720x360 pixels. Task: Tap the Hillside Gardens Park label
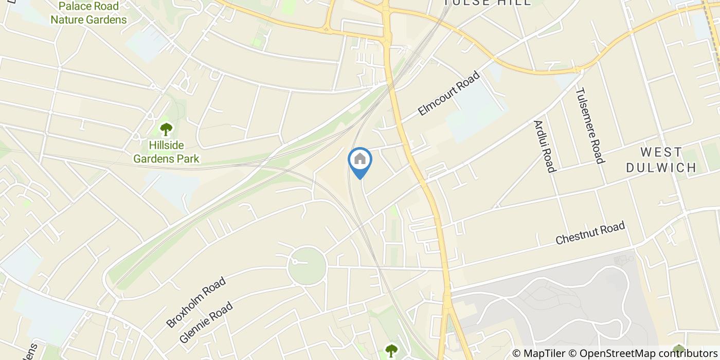(x=166, y=152)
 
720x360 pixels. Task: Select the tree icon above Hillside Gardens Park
(x=166, y=129)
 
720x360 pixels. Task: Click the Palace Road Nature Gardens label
(x=88, y=13)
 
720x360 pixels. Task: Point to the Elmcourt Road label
(x=448, y=93)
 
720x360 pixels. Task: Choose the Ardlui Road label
(x=545, y=147)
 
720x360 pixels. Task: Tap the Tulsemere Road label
(x=589, y=125)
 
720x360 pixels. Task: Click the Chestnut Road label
(x=590, y=233)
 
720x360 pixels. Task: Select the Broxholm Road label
(x=196, y=302)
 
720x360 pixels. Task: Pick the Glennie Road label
(x=207, y=322)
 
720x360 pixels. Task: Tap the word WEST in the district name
(x=661, y=152)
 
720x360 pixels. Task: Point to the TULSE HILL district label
(x=487, y=3)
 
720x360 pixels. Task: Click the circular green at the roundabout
(x=307, y=265)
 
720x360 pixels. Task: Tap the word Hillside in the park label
(x=166, y=146)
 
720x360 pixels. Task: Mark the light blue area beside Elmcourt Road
(x=476, y=113)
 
